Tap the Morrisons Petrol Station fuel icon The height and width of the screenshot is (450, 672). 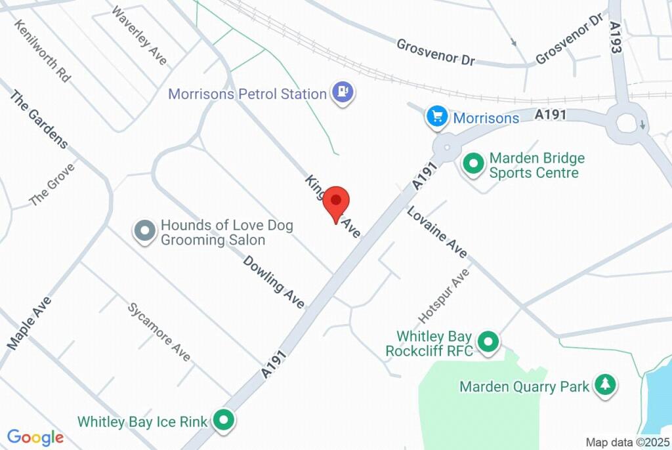point(343,92)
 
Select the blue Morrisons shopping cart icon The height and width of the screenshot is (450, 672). point(437,117)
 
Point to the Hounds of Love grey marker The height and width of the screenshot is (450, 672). point(144,231)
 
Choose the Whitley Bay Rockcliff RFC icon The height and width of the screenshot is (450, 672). point(488,342)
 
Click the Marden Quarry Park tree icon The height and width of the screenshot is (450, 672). point(604,386)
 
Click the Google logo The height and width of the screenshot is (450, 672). point(35,438)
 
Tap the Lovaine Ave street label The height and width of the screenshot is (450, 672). point(436,232)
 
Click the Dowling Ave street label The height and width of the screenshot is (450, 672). point(274,282)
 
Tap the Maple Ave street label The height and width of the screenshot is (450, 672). point(30,322)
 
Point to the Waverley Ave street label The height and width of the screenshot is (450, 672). point(139,35)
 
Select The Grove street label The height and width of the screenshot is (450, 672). point(52,184)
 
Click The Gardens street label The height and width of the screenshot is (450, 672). point(38,119)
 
